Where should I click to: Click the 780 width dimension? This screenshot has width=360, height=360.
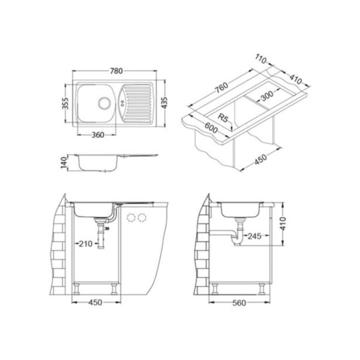(116, 71)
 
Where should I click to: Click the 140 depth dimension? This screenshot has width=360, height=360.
(66, 162)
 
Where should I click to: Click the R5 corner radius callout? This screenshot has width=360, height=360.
(221, 118)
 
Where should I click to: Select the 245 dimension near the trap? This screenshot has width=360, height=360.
(255, 236)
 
